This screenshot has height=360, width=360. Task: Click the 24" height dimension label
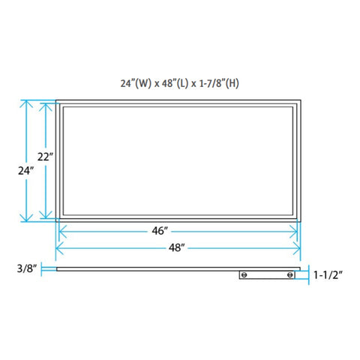(x=25, y=171)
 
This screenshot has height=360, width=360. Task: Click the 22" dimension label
(x=45, y=157)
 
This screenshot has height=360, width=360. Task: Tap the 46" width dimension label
(x=160, y=231)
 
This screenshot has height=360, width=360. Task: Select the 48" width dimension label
(x=176, y=247)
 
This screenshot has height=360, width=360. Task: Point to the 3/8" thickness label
(x=27, y=268)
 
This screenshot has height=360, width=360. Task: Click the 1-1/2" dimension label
(x=328, y=275)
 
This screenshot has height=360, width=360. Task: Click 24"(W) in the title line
(x=136, y=83)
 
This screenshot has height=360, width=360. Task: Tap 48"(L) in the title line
(x=175, y=83)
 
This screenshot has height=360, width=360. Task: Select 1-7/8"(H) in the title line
(x=219, y=83)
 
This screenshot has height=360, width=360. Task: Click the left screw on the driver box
(x=244, y=275)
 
